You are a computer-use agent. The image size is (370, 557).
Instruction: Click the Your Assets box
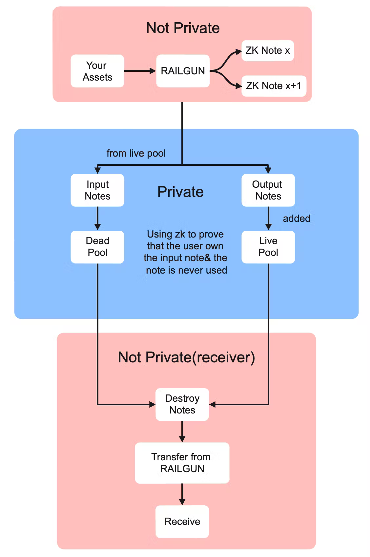97,71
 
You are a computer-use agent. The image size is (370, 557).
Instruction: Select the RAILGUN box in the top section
183,71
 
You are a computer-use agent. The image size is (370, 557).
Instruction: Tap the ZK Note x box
267,50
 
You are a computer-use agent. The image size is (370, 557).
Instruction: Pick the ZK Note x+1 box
274,86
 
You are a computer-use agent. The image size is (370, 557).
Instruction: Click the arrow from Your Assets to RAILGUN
139,71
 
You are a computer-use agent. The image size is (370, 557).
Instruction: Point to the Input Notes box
97,190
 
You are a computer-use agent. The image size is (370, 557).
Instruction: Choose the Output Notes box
268,190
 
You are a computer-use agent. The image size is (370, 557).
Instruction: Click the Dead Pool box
97,247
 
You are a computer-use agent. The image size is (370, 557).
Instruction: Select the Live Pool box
268,247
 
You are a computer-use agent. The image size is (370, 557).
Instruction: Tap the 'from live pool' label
136,153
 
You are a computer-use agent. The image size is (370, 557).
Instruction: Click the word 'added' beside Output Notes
297,219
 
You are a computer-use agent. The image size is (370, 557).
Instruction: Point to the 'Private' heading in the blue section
180,192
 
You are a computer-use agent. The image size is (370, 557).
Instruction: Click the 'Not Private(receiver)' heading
186,357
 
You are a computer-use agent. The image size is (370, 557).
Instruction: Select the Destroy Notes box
182,404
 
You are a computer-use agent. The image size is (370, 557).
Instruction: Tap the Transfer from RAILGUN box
182,463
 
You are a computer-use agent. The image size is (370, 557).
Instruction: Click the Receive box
182,521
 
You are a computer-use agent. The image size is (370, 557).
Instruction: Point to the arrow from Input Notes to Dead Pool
97,218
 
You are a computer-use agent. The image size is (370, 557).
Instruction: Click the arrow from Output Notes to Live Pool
268,218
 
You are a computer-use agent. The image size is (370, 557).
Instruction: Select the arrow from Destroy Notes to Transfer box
182,432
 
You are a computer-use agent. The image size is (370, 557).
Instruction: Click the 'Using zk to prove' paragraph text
186,252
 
